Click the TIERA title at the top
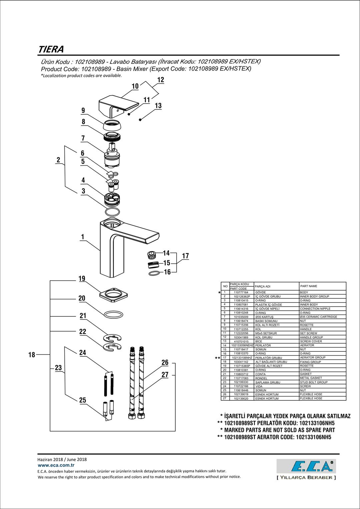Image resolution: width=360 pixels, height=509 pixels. pos(51,49)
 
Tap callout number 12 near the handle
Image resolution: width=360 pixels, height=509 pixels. pos(161,80)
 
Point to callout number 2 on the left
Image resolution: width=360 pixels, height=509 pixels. pos(58,160)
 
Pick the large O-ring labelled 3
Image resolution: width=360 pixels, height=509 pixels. pos(112,212)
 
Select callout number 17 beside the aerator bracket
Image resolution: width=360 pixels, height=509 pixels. pos(185,256)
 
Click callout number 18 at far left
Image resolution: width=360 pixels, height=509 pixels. pos(32,355)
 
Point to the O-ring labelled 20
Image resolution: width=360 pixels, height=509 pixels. pos(113,314)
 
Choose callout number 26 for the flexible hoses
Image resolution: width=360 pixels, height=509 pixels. pos(165,362)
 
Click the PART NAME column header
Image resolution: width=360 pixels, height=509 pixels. pos(309,286)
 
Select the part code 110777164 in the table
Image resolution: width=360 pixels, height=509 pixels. pos(241,292)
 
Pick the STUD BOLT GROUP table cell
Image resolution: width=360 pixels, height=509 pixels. pos(314,382)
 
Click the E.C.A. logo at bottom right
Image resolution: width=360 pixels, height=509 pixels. pos(306,466)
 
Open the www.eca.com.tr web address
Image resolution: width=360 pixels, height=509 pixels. pos(56,465)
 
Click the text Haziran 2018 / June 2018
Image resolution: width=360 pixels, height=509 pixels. pos(62,459)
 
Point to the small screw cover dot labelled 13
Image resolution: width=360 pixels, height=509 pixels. pos(140,120)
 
